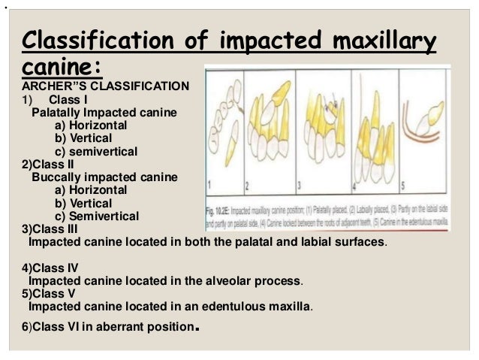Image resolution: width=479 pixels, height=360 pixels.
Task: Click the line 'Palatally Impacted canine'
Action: pos(104,112)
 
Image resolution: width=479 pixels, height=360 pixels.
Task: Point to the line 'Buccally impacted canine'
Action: pos(104,177)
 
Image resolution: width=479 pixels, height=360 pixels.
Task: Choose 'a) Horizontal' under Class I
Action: pos(91,125)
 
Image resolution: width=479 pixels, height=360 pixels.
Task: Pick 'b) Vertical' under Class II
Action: pos(83,203)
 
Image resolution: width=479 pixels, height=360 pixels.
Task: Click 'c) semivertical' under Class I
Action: pos(96,151)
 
